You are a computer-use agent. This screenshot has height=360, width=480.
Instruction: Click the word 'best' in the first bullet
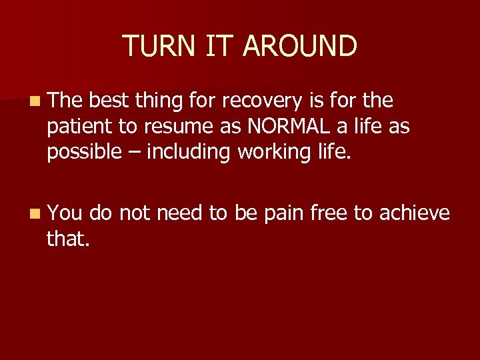(109, 101)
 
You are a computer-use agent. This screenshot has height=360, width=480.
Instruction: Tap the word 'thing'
(158, 101)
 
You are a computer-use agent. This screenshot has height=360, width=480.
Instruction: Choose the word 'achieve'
(415, 213)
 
